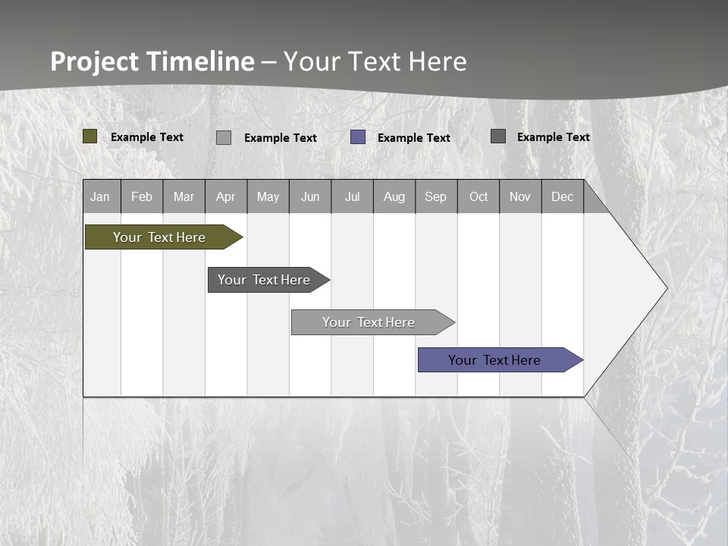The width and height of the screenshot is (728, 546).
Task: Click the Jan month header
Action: point(100,196)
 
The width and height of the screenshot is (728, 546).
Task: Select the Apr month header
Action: point(225,196)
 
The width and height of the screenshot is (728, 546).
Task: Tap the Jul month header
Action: point(352,196)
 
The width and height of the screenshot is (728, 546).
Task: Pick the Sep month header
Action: point(435,196)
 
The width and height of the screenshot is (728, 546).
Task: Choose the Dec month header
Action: point(562,196)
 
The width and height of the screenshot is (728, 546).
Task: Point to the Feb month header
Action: point(142,196)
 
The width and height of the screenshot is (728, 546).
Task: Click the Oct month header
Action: point(479,196)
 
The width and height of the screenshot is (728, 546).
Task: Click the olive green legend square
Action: point(90,136)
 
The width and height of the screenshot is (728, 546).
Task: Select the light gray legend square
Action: point(224,137)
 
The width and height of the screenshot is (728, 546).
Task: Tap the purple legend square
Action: point(358,137)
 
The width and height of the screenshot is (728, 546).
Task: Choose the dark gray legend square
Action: point(498,136)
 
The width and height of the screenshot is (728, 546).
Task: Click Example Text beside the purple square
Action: point(414,138)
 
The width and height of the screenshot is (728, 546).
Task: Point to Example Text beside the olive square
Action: point(147,137)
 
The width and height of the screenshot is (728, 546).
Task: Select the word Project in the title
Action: point(94,61)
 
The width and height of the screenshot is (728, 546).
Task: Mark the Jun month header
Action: point(310,196)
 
